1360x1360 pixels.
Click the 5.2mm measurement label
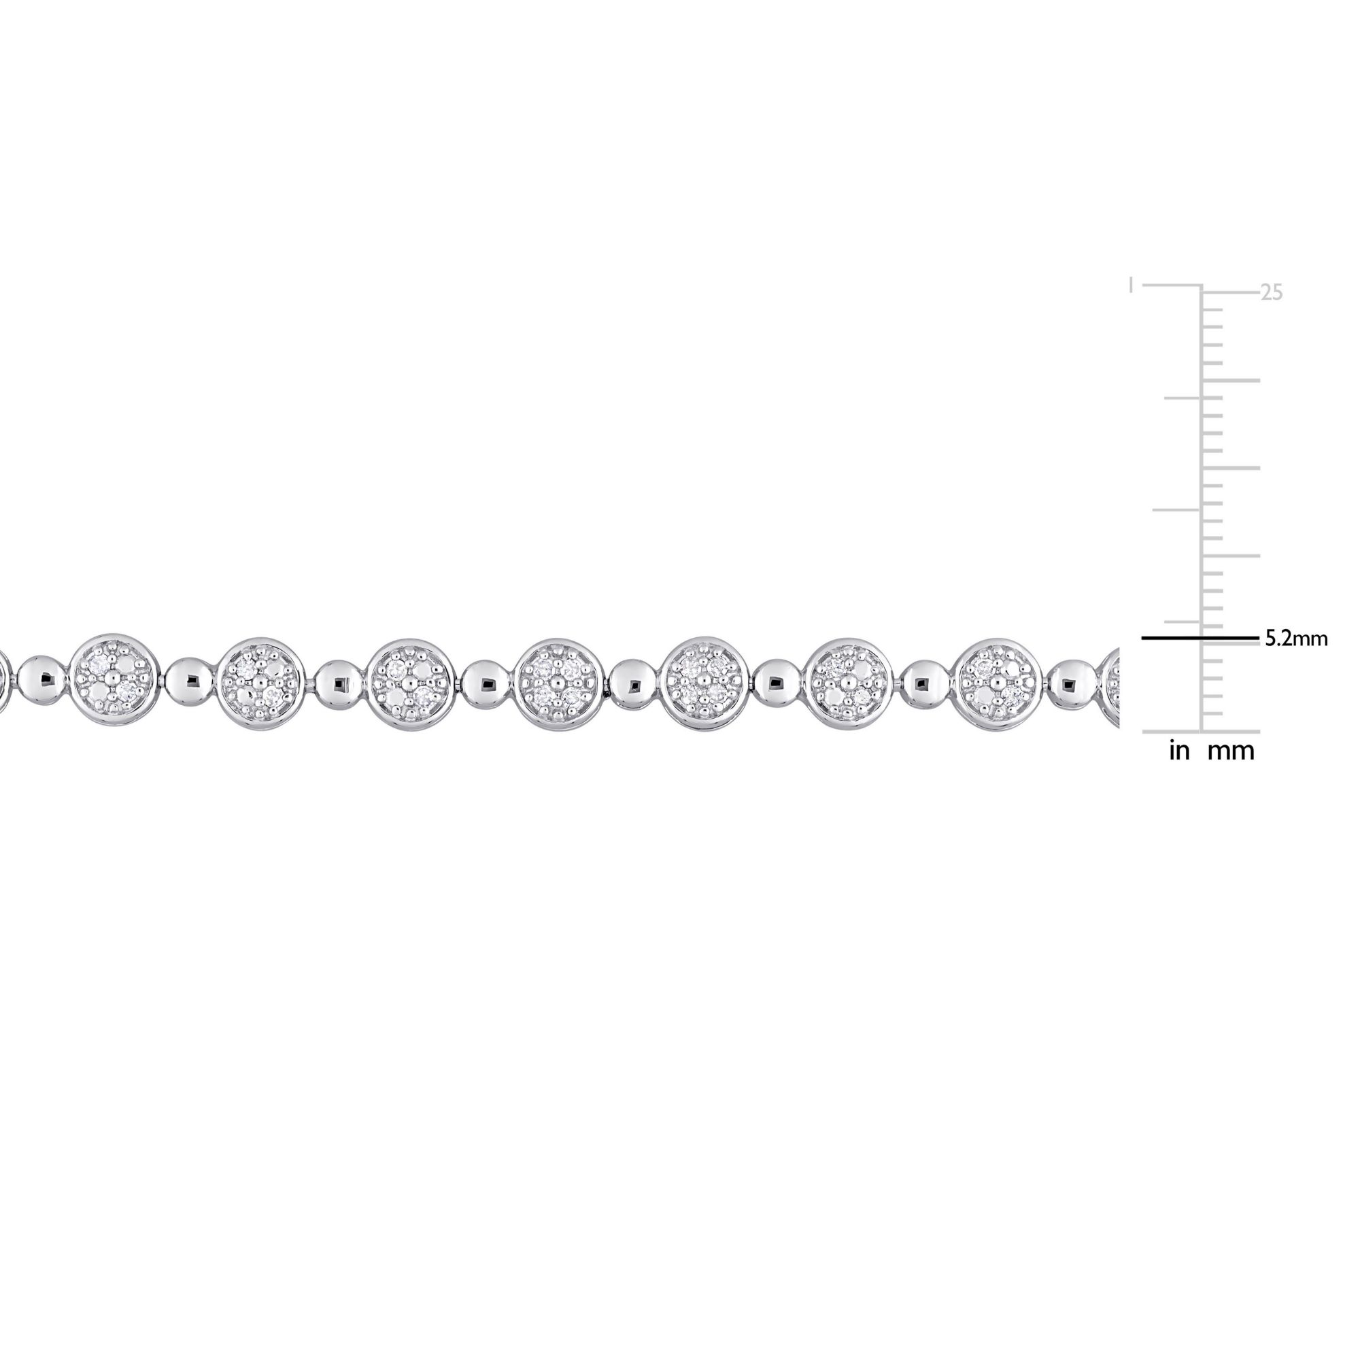(x=1296, y=639)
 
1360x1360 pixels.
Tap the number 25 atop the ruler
(x=1271, y=293)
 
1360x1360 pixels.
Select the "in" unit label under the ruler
(x=1179, y=751)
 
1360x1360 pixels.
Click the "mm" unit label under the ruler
(x=1231, y=752)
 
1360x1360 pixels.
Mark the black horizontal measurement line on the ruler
(x=1200, y=639)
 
